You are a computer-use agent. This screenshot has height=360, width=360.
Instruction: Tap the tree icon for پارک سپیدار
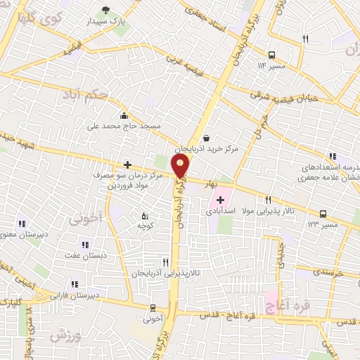pos(106,10)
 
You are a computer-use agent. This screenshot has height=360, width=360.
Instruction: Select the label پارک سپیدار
pos(110,22)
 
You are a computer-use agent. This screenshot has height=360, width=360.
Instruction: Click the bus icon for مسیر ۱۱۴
pos(271,54)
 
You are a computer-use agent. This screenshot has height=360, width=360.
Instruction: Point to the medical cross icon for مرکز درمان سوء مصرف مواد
pos(127,165)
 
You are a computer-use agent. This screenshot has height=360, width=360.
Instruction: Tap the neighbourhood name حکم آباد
pos(85,94)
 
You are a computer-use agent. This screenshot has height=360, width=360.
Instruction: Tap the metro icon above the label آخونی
pos(153,307)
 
